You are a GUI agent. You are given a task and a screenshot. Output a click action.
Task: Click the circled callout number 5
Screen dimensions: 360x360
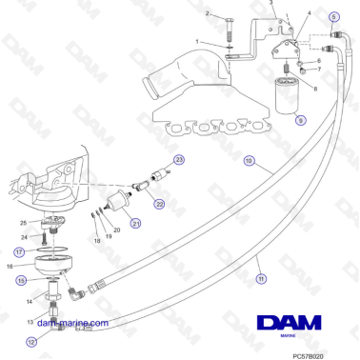coord(333,17)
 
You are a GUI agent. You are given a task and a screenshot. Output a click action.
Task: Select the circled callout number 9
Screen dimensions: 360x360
coord(299,121)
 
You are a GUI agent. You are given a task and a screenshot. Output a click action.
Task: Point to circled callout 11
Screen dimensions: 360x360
coord(261,279)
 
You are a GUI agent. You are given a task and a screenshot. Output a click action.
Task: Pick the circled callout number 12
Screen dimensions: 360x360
coord(31,340)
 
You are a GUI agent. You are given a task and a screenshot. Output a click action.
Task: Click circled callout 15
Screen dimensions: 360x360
coord(20,280)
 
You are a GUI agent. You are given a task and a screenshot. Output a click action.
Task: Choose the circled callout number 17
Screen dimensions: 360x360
coord(18,251)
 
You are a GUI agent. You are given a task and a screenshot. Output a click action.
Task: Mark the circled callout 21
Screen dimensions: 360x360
coord(135,223)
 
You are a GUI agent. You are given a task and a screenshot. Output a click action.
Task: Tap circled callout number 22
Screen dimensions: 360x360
coord(159,202)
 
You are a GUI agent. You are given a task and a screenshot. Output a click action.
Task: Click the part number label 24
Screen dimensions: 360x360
coord(23,236)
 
